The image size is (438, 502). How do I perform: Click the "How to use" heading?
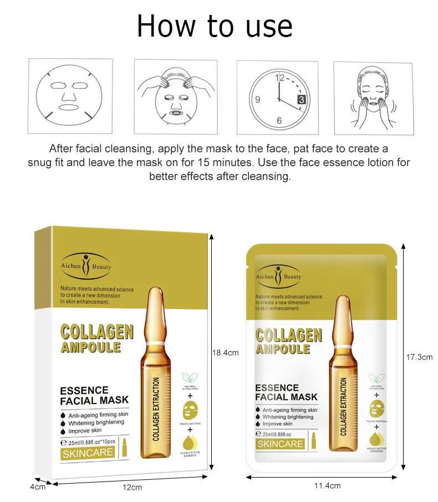[215, 26]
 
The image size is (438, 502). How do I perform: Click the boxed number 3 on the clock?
[301, 100]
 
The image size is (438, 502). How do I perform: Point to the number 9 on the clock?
[257, 100]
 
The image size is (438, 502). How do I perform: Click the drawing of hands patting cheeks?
[373, 98]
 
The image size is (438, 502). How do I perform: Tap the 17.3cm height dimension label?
[419, 357]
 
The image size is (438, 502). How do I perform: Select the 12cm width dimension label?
[132, 487]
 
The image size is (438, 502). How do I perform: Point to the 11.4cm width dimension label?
[327, 485]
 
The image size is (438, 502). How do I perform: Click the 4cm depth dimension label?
[37, 486]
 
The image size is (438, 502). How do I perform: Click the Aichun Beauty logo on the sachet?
[279, 276]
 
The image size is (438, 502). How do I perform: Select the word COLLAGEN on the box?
[96, 332]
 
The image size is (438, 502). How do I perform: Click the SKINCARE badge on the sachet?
[280, 444]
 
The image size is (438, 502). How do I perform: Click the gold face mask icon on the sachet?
[377, 409]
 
